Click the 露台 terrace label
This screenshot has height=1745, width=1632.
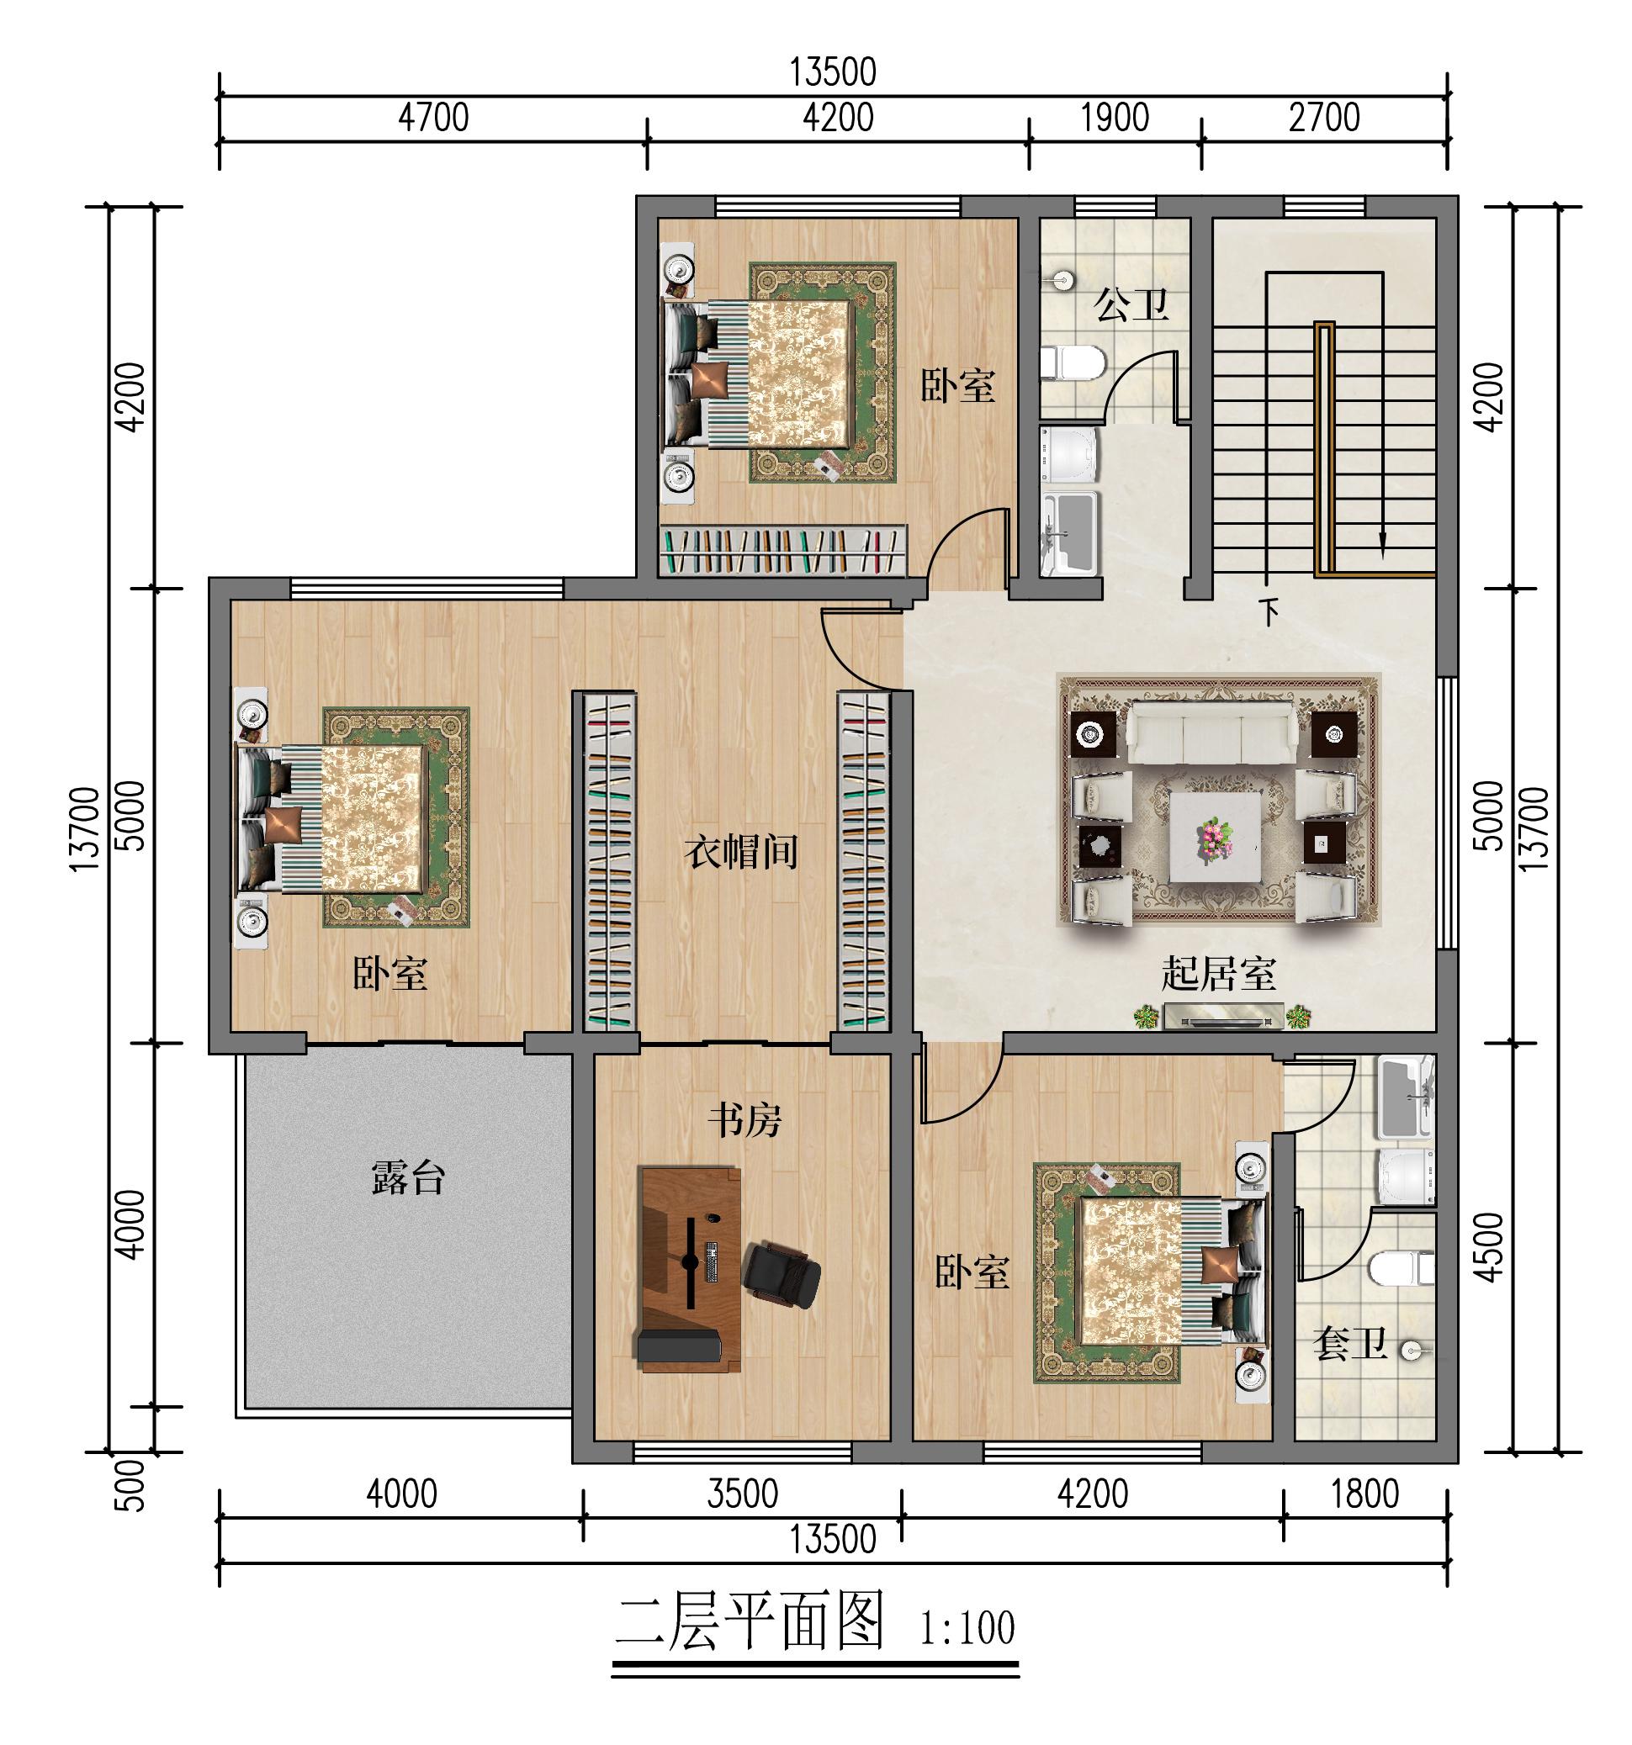[x=408, y=1178]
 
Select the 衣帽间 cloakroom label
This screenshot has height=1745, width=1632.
[x=741, y=851]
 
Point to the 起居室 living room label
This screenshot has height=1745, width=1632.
[x=1218, y=974]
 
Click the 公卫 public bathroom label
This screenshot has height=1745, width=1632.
[x=1131, y=304]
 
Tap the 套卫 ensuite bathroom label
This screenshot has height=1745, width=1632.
[x=1349, y=1343]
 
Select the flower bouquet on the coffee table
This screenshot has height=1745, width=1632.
[x=1214, y=837]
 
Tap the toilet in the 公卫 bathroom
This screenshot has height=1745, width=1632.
[x=1071, y=362]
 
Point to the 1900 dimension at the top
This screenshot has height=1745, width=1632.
[x=1114, y=118]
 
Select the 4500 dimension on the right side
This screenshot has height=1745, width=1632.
[x=1491, y=1247]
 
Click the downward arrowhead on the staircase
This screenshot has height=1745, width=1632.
[x=1383, y=547]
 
